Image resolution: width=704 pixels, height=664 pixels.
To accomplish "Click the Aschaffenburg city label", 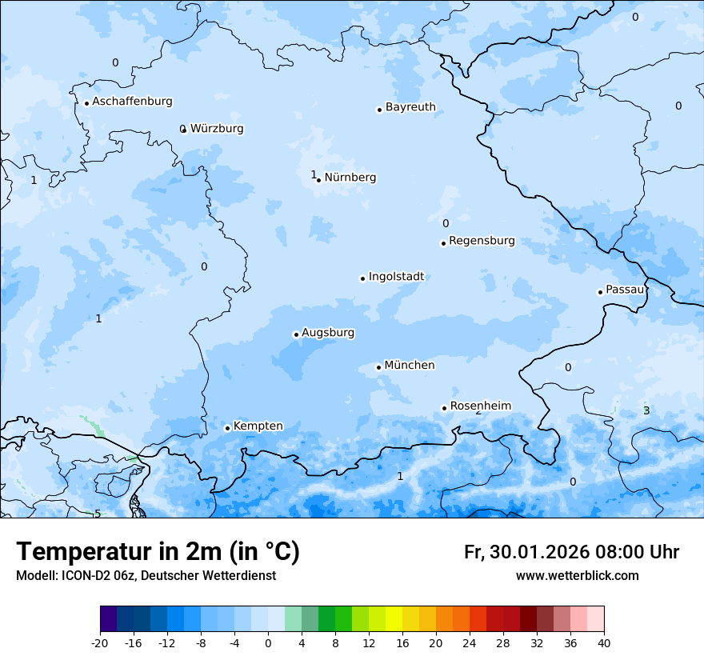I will pyautogui.click(x=132, y=102).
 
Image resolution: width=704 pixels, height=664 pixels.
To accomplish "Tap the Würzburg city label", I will pyautogui.click(x=217, y=129).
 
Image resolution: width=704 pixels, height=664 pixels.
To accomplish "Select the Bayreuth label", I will pyautogui.click(x=410, y=107).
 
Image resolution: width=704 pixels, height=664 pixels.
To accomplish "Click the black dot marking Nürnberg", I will pyautogui.click(x=318, y=180).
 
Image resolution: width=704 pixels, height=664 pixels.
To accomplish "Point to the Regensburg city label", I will pyautogui.click(x=482, y=241).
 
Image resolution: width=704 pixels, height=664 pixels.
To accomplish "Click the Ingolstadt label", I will pyautogui.click(x=396, y=277).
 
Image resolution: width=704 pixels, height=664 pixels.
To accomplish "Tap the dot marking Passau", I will pyautogui.click(x=600, y=292).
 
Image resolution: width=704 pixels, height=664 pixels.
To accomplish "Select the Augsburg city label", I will pyautogui.click(x=328, y=333).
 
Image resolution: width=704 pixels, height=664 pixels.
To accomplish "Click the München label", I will pyautogui.click(x=410, y=366).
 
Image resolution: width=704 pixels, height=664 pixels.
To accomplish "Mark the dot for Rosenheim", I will pyautogui.click(x=444, y=408).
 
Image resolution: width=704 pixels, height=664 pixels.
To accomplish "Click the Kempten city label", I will pyautogui.click(x=258, y=426).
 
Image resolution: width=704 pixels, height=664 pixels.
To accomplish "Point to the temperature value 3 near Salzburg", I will pyautogui.click(x=646, y=411).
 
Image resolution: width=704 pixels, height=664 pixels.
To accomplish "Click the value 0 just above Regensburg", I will pyautogui.click(x=446, y=224).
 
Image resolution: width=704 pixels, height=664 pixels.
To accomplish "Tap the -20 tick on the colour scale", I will pyautogui.click(x=100, y=642).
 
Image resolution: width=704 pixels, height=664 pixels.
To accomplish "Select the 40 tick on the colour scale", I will pyautogui.click(x=604, y=642).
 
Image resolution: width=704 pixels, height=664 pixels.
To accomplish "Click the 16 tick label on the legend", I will pyautogui.click(x=402, y=642).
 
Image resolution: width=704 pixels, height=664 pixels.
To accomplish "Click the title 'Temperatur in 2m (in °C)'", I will pyautogui.click(x=158, y=551).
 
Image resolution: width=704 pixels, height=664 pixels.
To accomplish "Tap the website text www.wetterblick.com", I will pyautogui.click(x=577, y=575).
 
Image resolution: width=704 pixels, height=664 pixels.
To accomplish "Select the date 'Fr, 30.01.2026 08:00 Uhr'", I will pyautogui.click(x=571, y=552).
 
